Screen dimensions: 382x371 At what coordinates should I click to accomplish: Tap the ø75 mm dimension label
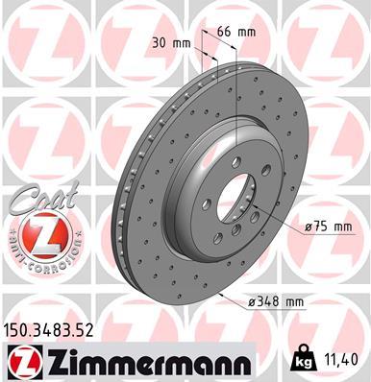point(330,227)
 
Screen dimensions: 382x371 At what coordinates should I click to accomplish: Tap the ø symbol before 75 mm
point(308,227)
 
